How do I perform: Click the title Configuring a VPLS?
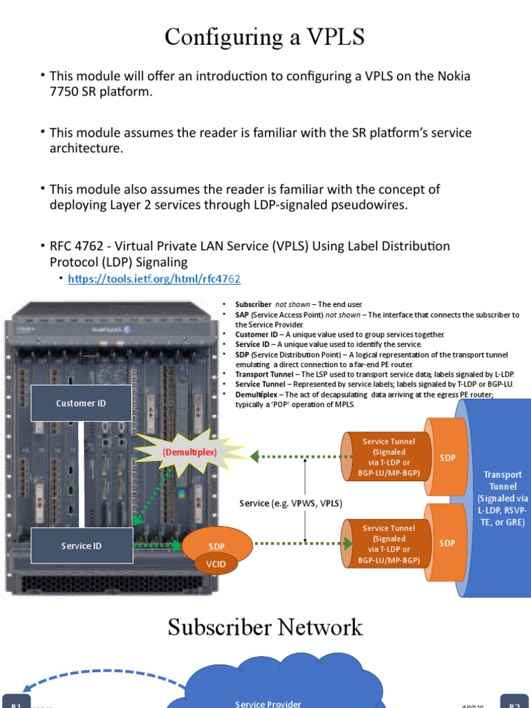click(265, 37)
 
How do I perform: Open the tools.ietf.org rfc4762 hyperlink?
click(153, 279)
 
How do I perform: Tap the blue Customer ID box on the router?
click(81, 403)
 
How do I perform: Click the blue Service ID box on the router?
click(81, 546)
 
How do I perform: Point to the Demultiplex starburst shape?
click(189, 452)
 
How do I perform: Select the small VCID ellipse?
click(216, 564)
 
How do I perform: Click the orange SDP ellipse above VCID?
click(216, 545)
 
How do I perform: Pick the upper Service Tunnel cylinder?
click(388, 457)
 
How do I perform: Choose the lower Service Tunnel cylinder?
click(388, 543)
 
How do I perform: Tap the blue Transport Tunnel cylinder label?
click(503, 498)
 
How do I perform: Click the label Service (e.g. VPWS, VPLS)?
click(291, 503)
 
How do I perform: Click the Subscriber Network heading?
click(265, 627)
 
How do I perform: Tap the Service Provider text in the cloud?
click(268, 703)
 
